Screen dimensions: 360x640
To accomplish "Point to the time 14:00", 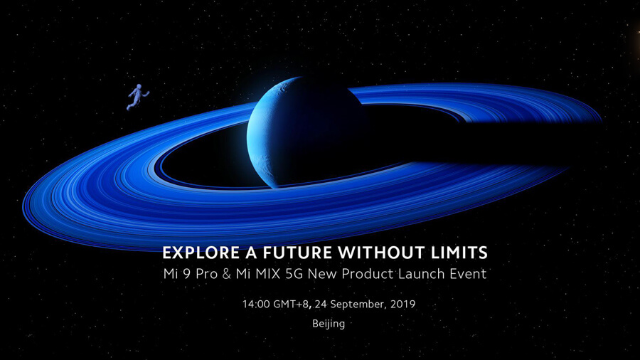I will [x=256, y=304].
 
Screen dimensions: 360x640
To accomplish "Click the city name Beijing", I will [x=329, y=324].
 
